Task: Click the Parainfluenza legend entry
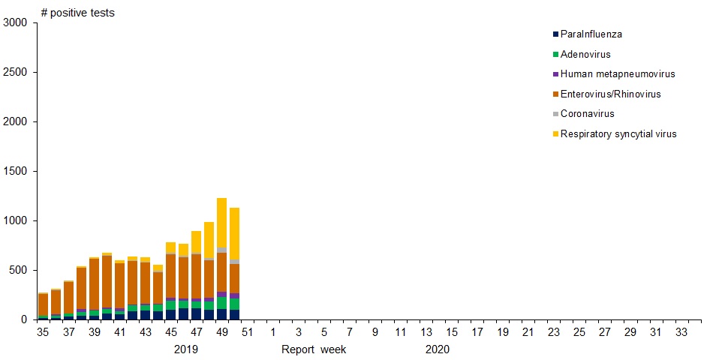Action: point(591,34)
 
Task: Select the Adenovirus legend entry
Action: point(585,55)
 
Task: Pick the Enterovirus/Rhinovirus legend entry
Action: point(610,94)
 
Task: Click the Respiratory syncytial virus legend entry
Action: point(618,134)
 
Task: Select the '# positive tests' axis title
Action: point(77,13)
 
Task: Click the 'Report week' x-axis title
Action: point(314,349)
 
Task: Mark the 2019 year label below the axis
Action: point(186,349)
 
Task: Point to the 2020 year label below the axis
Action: point(437,349)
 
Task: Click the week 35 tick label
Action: point(44,332)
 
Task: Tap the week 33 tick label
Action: point(681,332)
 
